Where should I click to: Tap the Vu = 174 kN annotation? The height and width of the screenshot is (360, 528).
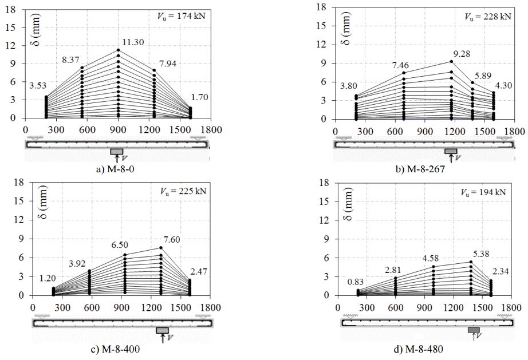coord(186,15)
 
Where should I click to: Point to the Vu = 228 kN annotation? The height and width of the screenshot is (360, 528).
coord(492,17)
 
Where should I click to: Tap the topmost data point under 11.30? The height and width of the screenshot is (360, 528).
coord(118,50)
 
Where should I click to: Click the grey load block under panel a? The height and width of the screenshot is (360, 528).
coord(117,151)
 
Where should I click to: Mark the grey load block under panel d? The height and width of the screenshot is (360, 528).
coord(473,330)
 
